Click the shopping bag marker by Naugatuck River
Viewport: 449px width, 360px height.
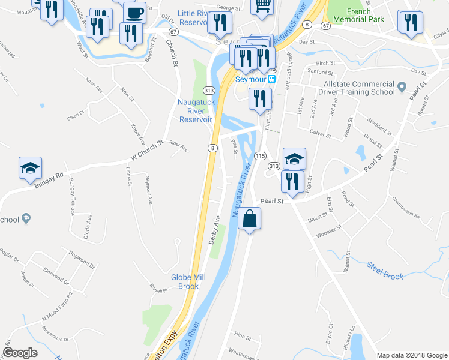250,218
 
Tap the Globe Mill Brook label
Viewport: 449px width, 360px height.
188,281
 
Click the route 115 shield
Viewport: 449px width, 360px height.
260,155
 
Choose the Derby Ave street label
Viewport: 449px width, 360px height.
216,230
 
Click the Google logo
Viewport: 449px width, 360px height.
20,353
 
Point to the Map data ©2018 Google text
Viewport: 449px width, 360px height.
412,355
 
